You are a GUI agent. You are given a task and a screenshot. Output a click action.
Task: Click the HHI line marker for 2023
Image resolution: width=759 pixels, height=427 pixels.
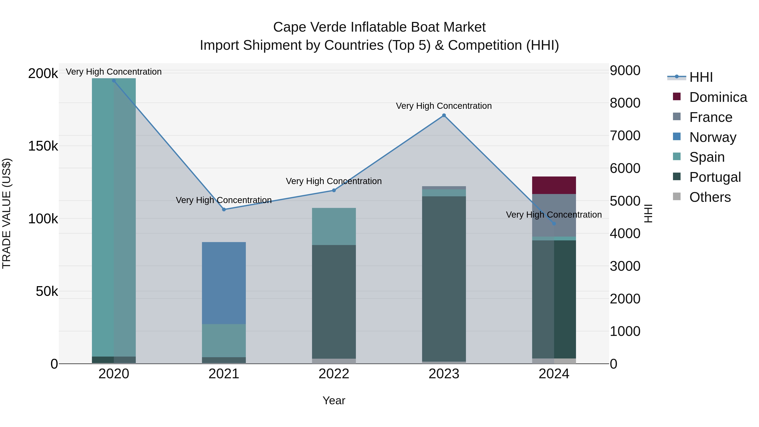[x=444, y=116]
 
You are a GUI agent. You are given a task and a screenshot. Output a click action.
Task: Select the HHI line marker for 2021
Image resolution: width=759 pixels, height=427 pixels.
[x=224, y=210]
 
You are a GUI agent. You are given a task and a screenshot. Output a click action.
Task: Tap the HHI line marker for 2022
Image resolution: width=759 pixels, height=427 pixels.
[x=334, y=190]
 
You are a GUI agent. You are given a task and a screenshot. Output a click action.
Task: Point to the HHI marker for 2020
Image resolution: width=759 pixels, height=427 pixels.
[x=114, y=81]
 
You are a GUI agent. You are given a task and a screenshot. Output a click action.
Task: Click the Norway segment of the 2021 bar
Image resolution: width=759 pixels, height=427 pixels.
[x=224, y=283]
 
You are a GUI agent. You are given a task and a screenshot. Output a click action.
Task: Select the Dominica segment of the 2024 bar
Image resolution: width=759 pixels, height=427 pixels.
[x=554, y=185]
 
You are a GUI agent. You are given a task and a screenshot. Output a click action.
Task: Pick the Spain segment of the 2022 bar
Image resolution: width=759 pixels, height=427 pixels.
[x=334, y=226]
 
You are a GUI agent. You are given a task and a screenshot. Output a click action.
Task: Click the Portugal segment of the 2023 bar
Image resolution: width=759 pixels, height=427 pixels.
[x=444, y=279]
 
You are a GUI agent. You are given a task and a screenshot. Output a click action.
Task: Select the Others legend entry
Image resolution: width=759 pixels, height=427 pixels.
[x=710, y=197]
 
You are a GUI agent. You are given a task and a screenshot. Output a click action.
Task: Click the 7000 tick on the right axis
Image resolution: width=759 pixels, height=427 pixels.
[x=625, y=136]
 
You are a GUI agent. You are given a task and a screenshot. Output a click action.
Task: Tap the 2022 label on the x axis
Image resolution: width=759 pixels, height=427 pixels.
[x=334, y=374]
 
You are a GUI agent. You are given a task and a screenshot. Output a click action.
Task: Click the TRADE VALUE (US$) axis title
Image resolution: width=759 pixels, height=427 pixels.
[x=7, y=213]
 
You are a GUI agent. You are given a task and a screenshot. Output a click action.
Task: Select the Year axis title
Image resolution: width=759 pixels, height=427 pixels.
[x=334, y=400]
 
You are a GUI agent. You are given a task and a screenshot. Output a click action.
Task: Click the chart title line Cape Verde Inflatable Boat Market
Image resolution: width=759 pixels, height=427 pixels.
[x=379, y=27]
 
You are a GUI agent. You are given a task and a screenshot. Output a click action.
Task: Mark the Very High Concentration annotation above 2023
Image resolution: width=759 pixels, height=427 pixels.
[x=444, y=106]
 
